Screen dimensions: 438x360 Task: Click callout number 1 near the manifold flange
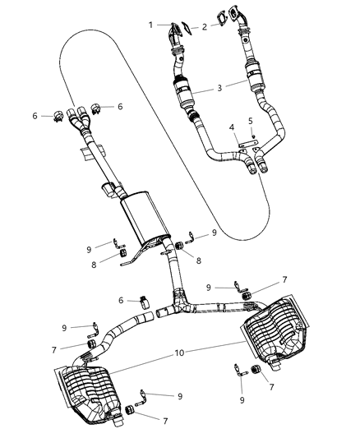[150, 25]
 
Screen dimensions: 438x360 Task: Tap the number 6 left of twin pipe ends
[35, 116]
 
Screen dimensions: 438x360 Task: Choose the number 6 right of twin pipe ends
[121, 107]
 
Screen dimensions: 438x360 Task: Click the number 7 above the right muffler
[261, 280]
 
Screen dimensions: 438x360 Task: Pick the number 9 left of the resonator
[90, 247]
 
